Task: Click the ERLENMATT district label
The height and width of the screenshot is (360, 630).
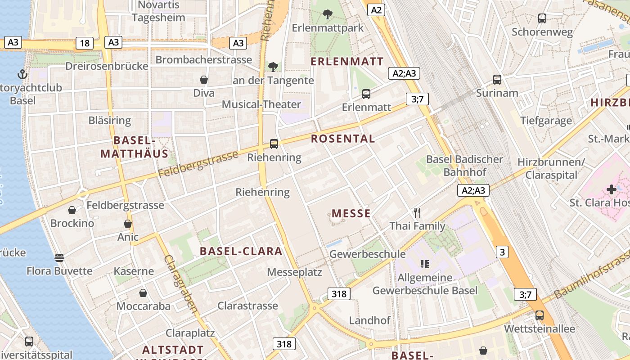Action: click(x=348, y=61)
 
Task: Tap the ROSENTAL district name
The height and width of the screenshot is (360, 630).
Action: click(x=343, y=139)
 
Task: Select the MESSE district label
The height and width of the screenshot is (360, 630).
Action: click(x=351, y=213)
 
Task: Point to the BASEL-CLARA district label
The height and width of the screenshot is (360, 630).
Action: click(x=241, y=251)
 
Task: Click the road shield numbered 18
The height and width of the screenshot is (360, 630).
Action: click(x=85, y=43)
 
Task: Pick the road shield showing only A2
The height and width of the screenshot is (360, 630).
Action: click(x=376, y=10)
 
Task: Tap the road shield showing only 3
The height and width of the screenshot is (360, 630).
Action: click(x=503, y=252)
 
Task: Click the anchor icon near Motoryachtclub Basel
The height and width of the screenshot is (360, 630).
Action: click(x=22, y=74)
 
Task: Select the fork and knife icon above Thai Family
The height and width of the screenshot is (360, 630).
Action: click(x=417, y=213)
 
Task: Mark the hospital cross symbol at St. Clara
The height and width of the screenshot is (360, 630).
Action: click(x=611, y=189)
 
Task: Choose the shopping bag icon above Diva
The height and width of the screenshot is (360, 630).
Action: click(x=204, y=80)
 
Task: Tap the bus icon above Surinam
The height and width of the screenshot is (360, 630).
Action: click(x=497, y=80)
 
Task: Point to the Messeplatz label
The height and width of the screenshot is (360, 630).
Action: click(x=294, y=272)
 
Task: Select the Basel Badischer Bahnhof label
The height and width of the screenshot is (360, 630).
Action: click(x=464, y=166)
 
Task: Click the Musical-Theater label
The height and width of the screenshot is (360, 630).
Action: click(x=261, y=104)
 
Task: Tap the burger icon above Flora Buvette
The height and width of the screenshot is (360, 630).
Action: click(x=59, y=258)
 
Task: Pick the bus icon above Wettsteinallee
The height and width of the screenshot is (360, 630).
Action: click(x=539, y=315)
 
